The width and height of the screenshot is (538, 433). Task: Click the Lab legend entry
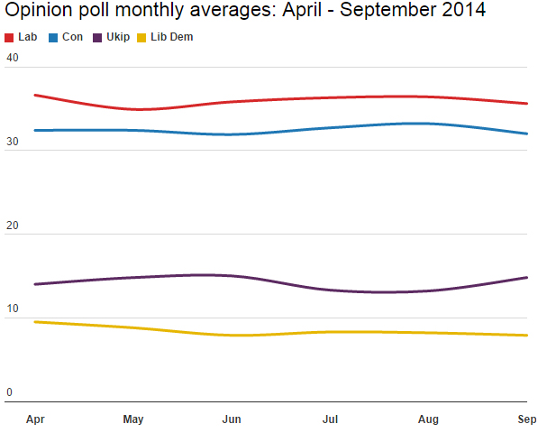(27, 37)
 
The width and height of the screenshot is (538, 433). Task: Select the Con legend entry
(72, 37)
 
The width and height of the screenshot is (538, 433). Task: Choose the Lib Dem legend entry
(171, 37)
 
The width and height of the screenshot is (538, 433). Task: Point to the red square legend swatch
(10, 38)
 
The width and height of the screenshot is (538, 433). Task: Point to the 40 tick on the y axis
(13, 58)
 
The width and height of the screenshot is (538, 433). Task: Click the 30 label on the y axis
(13, 142)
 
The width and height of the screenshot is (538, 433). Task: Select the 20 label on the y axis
(13, 226)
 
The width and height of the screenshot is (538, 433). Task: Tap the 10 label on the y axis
(13, 309)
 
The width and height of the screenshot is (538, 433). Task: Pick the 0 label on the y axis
(10, 392)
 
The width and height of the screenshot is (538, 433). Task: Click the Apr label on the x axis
(36, 419)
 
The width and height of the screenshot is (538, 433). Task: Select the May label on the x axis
(133, 419)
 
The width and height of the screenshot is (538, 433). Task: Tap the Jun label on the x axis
(232, 419)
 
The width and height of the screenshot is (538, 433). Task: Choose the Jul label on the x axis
(331, 419)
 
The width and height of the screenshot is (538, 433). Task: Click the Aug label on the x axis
(429, 419)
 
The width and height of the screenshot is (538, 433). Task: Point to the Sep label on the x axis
(526, 419)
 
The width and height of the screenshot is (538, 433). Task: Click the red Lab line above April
(36, 95)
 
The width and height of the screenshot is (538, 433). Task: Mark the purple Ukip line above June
(232, 275)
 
